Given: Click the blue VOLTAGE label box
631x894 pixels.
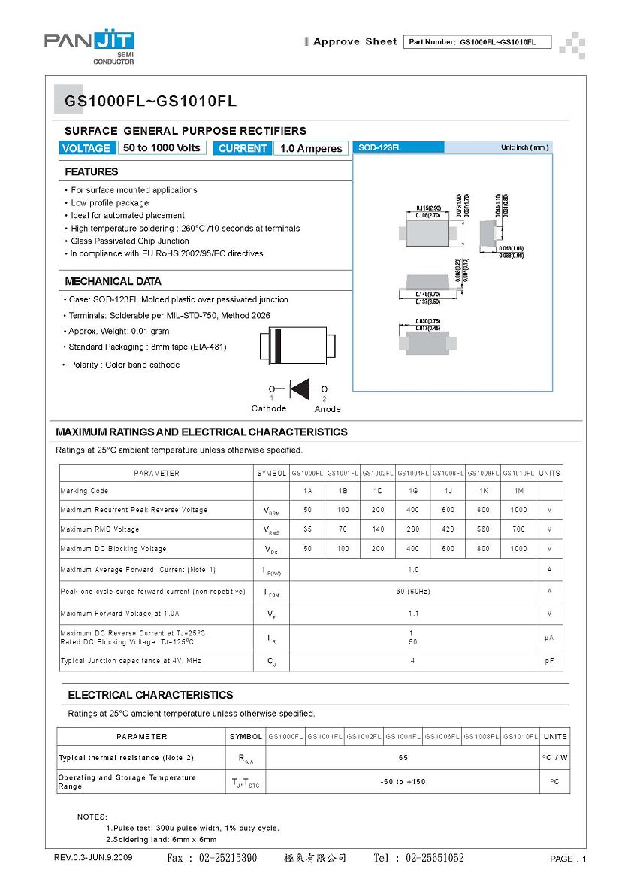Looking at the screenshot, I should (x=86, y=148).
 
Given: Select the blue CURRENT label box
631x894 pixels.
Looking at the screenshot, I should (x=243, y=148).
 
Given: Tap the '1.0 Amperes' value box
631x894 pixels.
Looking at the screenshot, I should (x=311, y=148).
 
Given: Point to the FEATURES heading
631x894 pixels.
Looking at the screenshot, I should (x=91, y=171).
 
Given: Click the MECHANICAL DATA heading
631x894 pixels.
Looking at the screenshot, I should (x=113, y=281).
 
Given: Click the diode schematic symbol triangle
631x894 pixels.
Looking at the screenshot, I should (x=300, y=389).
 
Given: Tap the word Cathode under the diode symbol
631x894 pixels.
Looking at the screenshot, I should (x=269, y=408).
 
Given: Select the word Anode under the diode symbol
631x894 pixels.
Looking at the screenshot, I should (x=328, y=409).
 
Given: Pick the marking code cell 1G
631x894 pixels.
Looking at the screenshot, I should (x=413, y=491).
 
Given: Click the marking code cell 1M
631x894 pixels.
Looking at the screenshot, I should (x=518, y=491).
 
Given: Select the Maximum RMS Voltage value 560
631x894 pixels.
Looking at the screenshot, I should (x=483, y=529).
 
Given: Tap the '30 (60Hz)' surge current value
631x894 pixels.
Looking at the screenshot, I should (x=413, y=592).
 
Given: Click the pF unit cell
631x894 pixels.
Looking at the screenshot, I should (x=550, y=661).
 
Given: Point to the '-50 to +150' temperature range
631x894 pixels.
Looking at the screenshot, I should (x=403, y=782).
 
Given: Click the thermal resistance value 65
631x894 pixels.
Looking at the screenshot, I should (x=403, y=758).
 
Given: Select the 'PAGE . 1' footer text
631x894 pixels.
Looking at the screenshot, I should (x=568, y=859).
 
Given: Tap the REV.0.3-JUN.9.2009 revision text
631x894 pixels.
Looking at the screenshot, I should (x=93, y=858).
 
